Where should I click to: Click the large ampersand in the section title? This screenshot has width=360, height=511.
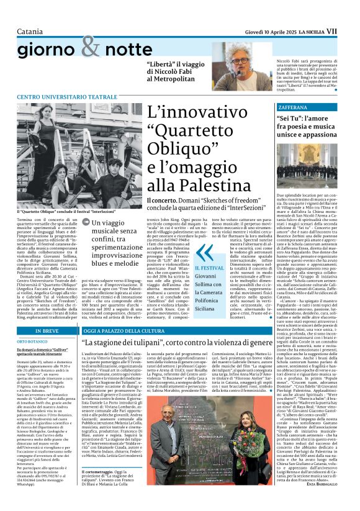(x=91, y=45)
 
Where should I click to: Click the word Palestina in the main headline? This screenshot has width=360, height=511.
(x=193, y=184)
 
